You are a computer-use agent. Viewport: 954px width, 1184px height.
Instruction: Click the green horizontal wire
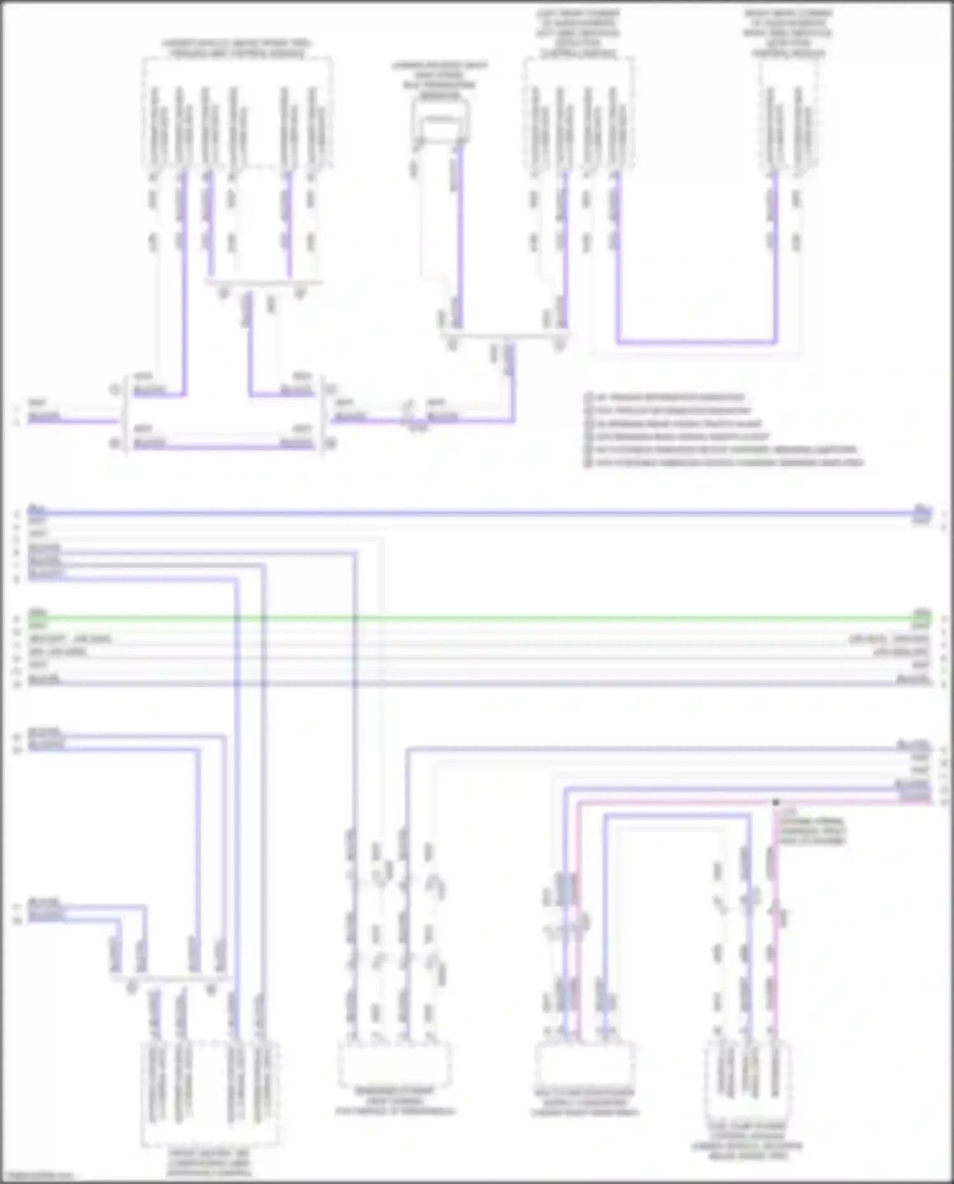477,618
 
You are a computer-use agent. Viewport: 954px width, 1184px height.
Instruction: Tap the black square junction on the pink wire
776,802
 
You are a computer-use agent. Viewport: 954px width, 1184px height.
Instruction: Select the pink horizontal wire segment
674,803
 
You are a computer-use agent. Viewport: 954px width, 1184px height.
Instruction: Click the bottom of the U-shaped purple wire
696,342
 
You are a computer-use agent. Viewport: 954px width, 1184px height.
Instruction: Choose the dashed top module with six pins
236,115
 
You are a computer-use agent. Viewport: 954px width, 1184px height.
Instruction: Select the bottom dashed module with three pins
747,1082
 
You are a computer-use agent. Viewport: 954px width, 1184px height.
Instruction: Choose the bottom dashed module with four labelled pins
209,1091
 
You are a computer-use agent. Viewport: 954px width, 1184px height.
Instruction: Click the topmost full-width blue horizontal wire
477,512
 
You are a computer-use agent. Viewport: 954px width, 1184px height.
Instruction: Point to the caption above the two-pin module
789,33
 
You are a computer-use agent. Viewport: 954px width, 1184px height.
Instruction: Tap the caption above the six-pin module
236,48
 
